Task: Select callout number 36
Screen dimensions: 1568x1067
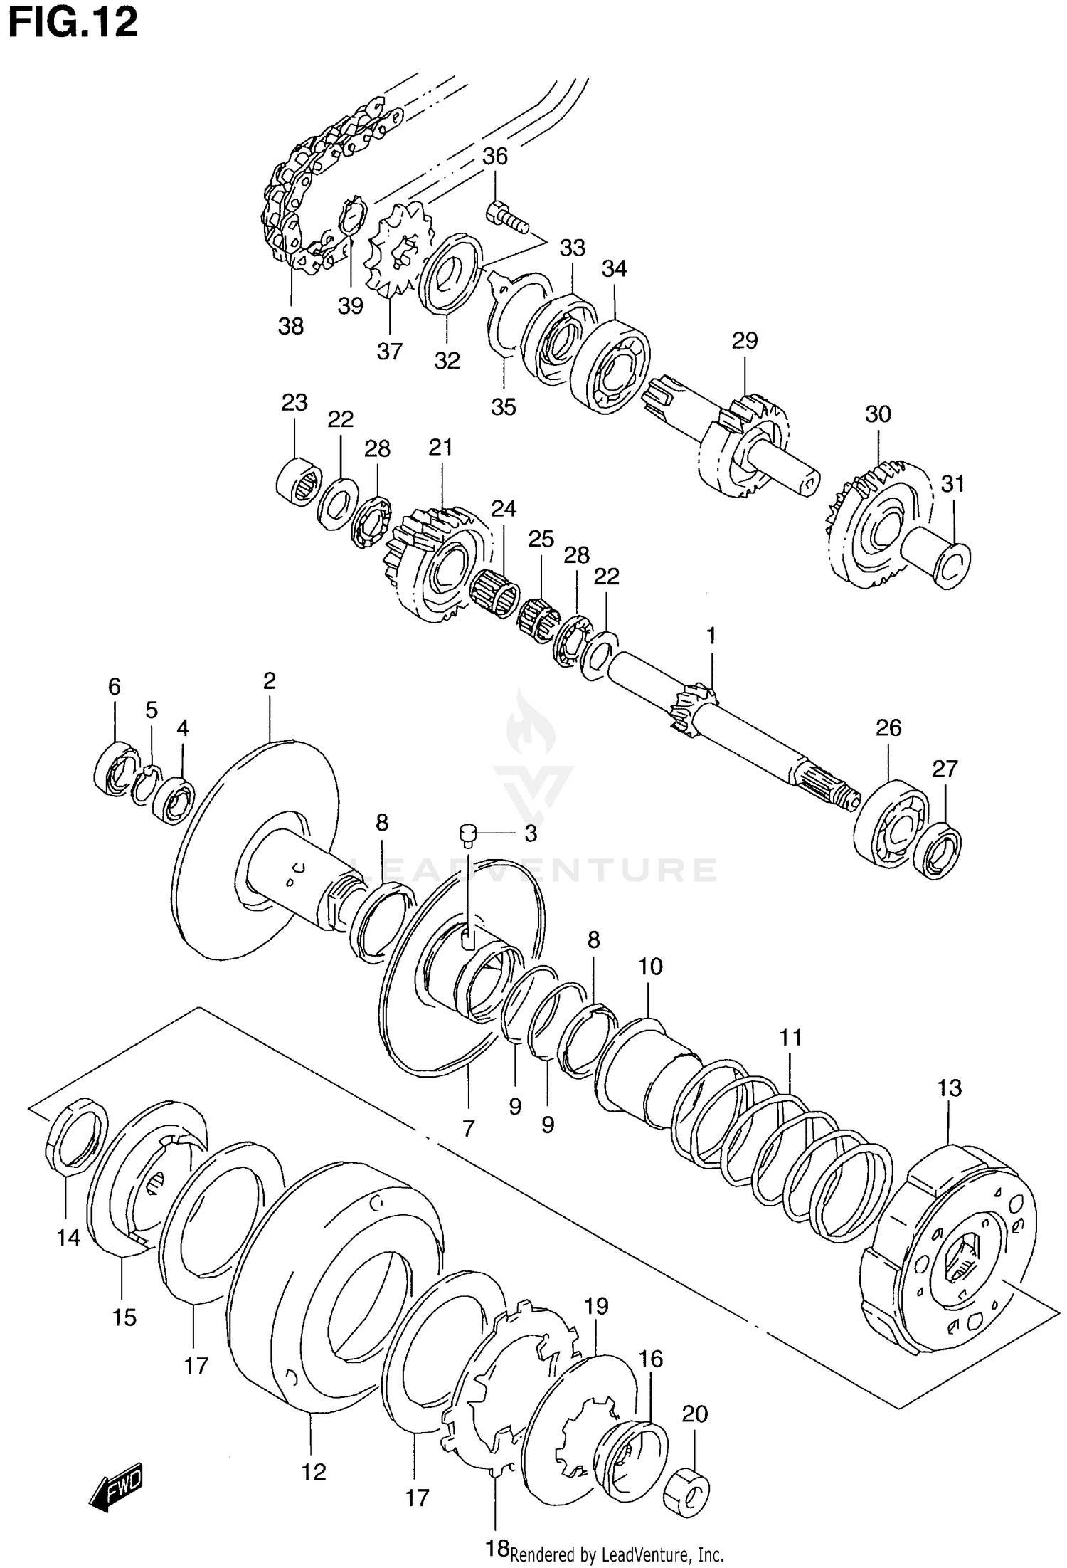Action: [x=495, y=156]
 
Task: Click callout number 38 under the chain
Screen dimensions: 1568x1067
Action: [x=290, y=326]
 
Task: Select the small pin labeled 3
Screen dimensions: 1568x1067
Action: [x=468, y=832]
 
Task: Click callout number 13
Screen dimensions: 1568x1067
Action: [x=949, y=1088]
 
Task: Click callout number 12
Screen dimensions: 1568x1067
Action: [x=314, y=1471]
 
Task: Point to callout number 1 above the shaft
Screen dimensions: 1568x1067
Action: [x=711, y=636]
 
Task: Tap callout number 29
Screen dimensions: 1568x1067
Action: [x=745, y=340]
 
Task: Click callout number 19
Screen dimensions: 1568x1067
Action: [x=596, y=1305]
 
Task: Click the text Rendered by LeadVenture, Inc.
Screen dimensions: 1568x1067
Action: [x=616, y=1554]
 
